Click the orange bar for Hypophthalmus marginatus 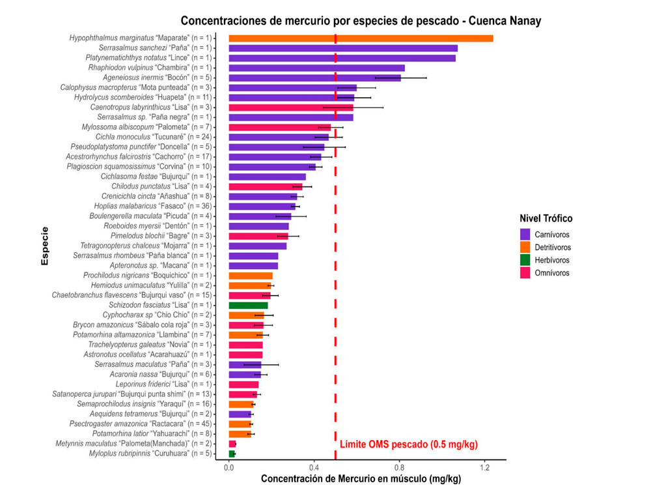coord(361,38)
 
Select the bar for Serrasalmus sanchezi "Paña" coord(343,48)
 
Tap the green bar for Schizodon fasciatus coord(248,305)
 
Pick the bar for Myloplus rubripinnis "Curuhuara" coord(232,454)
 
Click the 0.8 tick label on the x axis coord(400,468)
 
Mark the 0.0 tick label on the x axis coord(229,468)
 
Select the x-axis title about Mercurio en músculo coord(361,480)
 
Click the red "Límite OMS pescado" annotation coord(408,445)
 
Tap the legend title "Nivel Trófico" coord(546,218)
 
